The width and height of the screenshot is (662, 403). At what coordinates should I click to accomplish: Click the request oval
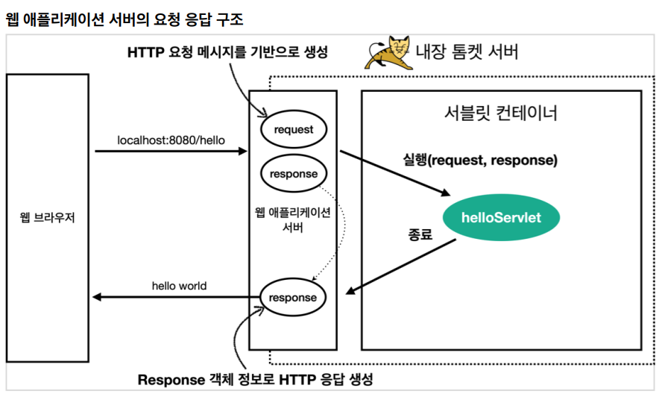click(x=293, y=129)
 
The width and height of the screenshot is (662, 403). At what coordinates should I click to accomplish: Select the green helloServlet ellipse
click(x=501, y=218)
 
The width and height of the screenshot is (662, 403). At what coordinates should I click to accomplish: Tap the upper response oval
click(x=293, y=174)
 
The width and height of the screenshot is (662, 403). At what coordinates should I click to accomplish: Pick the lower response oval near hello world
click(x=293, y=297)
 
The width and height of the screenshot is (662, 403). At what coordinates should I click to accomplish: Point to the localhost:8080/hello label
click(x=171, y=140)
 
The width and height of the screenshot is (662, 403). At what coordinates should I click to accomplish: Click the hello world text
click(x=179, y=285)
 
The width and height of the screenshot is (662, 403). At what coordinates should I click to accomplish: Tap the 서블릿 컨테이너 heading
click(x=500, y=113)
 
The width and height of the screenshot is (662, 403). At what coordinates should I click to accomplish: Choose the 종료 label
click(x=420, y=234)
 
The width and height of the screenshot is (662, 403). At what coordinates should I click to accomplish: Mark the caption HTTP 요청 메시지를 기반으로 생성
click(x=227, y=53)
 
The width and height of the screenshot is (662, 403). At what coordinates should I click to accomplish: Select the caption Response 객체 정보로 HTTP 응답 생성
click(x=255, y=379)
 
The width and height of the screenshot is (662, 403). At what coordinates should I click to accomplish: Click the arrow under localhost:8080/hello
click(x=171, y=151)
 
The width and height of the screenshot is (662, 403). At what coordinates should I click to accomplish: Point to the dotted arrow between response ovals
click(x=337, y=231)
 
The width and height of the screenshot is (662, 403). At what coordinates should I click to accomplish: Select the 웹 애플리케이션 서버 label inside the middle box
click(x=292, y=220)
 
